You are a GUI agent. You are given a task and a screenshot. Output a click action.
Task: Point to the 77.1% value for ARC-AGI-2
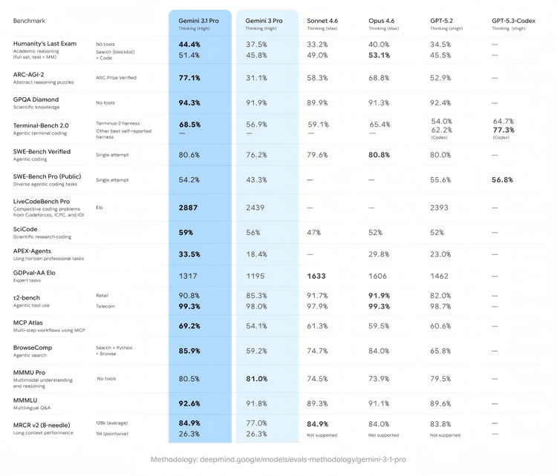pos(189,78)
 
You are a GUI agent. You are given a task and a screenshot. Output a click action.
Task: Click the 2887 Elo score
pos(188,208)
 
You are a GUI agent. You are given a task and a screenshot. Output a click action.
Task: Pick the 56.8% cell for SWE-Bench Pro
pos(502,179)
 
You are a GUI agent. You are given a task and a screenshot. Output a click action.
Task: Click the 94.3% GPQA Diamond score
pos(189,102)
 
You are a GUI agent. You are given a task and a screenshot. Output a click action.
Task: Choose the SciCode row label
pos(25,229)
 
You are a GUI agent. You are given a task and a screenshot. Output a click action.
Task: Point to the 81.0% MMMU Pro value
pos(256,378)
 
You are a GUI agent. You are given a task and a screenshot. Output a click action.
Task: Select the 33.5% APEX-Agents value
pos(189,254)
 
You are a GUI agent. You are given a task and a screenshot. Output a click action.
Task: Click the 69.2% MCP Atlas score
pos(189,325)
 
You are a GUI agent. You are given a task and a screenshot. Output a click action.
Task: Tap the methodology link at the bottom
pos(278,460)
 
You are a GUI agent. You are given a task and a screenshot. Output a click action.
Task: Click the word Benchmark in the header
pos(29,20)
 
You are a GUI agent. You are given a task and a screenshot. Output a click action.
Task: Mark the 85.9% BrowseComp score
pos(189,351)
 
